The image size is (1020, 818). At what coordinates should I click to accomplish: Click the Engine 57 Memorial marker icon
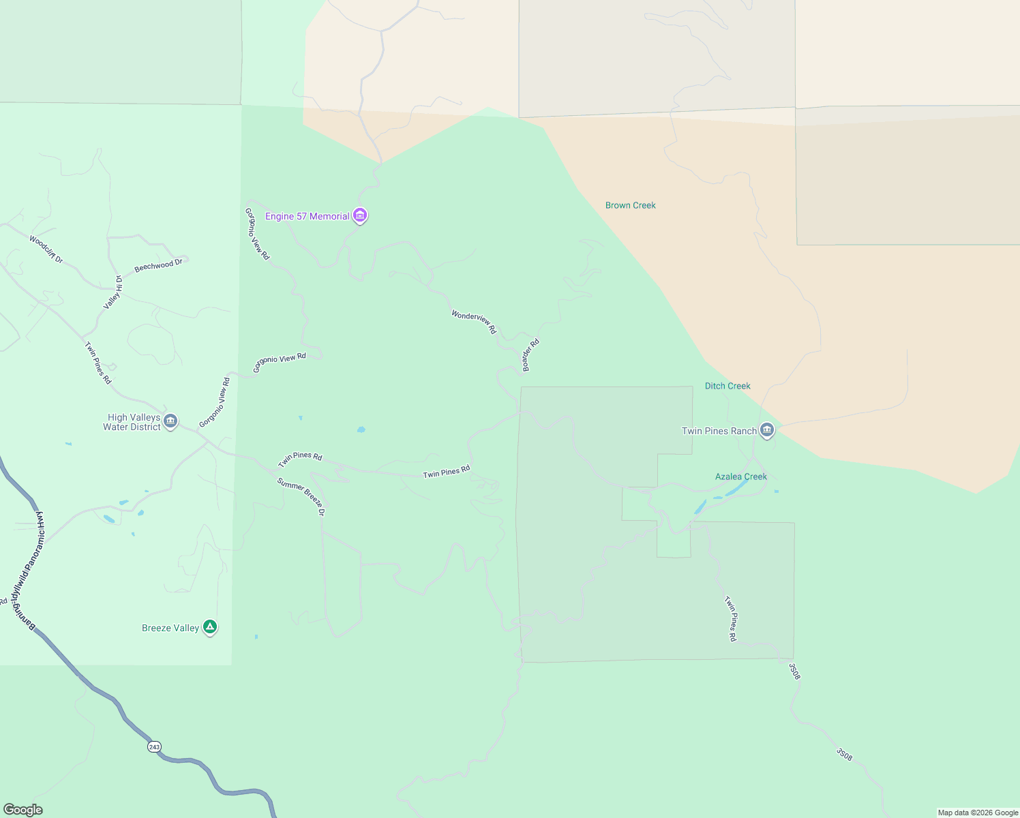[360, 216]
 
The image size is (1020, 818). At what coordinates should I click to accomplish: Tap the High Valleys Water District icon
[170, 421]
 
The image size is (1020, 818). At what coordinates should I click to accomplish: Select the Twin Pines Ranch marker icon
[767, 430]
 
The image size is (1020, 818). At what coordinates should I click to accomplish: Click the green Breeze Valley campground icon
[210, 627]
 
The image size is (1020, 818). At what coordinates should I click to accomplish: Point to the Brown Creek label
[631, 205]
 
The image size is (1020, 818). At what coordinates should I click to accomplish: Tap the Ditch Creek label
[727, 386]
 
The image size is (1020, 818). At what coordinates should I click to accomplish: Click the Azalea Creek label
[741, 476]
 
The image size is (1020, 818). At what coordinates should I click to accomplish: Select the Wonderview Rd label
[474, 322]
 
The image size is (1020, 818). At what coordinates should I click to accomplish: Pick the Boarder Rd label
[530, 355]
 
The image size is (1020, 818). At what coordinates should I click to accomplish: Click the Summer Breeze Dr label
[301, 496]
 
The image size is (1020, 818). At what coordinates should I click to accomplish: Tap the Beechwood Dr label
[159, 265]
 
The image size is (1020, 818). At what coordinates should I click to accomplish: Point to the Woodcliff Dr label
[46, 249]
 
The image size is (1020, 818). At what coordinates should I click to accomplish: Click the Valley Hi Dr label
[113, 292]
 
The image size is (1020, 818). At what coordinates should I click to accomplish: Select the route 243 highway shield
[154, 747]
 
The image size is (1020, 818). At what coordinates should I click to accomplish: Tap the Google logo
[22, 810]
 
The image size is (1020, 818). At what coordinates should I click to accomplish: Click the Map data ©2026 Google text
[978, 813]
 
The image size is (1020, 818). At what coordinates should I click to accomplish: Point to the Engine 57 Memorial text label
[307, 216]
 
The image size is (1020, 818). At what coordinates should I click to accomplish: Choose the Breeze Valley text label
[170, 628]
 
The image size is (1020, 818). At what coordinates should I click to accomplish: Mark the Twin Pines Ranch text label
[719, 431]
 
